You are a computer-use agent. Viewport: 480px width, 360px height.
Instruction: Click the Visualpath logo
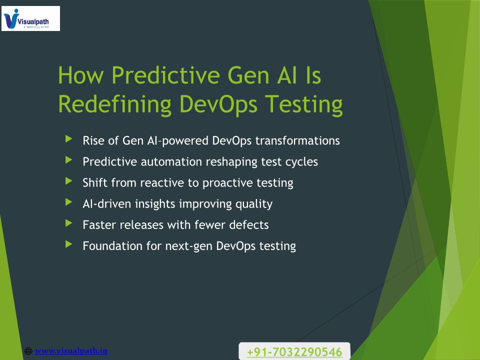point(30,18)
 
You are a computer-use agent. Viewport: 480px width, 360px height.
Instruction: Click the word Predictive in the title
point(165,75)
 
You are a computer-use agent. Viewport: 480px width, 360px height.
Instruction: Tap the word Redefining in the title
point(115,104)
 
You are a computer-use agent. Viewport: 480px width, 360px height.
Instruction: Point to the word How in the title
point(81,75)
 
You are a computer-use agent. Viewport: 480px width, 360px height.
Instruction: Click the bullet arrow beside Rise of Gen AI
point(69,139)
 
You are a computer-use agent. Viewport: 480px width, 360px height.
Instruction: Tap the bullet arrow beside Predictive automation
point(69,160)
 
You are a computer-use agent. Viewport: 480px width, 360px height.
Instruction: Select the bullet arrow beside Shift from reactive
point(69,181)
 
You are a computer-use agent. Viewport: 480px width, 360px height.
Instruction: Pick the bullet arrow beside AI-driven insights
point(69,202)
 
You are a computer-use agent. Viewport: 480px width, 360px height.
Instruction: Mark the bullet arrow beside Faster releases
point(69,223)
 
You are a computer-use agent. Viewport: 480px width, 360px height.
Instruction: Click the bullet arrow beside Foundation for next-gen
point(69,244)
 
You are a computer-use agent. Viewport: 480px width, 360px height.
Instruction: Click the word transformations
point(297,141)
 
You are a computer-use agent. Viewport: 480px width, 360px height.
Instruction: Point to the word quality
point(254,204)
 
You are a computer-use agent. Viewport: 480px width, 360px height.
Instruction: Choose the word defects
point(249,225)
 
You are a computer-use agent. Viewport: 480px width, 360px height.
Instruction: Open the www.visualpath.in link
point(71,350)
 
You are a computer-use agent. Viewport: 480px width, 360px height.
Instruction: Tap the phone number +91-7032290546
point(294,352)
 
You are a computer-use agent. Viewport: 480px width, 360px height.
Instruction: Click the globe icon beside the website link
point(28,351)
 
